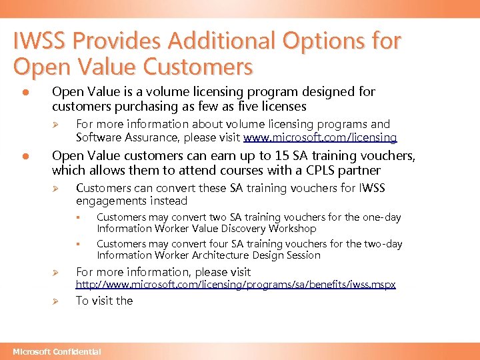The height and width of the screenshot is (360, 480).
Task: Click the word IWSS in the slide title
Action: [x=41, y=41]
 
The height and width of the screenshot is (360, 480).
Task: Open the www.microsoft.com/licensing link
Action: [x=320, y=137]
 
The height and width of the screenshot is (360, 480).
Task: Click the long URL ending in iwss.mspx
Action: [x=235, y=285]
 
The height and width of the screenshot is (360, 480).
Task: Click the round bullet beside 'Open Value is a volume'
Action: [x=25, y=92]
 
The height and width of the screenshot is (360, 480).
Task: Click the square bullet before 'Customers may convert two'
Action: [x=77, y=217]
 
